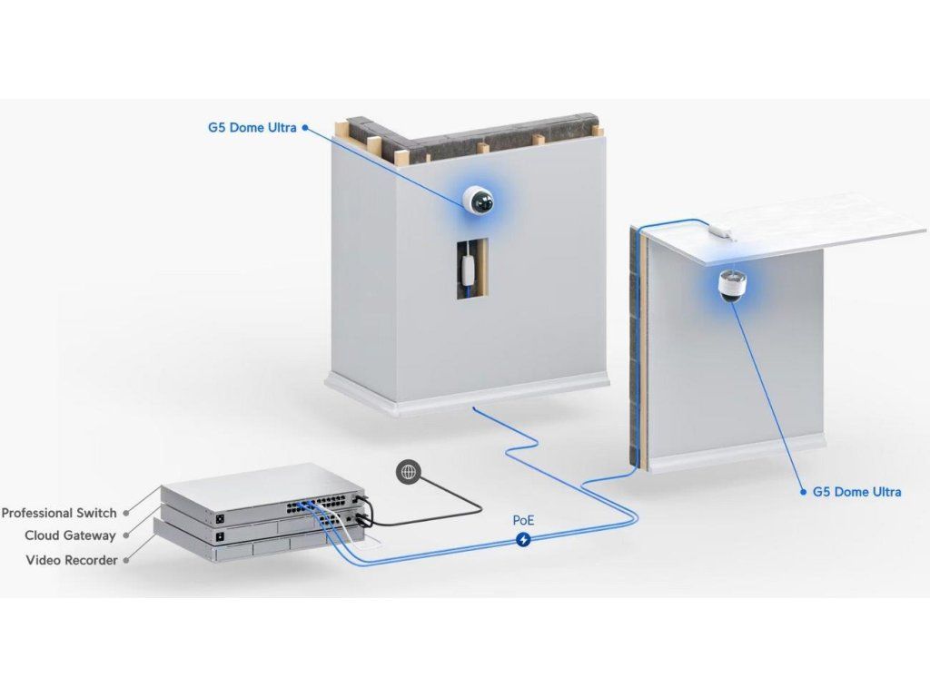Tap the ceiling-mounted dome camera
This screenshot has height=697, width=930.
click(x=731, y=285)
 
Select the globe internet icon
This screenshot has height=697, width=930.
click(x=410, y=472)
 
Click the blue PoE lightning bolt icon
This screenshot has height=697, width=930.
click(x=524, y=540)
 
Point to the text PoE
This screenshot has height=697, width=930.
click(x=524, y=522)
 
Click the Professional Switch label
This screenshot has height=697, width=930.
click(x=59, y=513)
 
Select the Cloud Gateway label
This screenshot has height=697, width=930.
click(x=70, y=535)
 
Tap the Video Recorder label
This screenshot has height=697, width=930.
click(x=72, y=560)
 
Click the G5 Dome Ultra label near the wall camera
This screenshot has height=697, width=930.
click(x=252, y=128)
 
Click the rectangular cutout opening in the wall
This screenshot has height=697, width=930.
click(x=471, y=270)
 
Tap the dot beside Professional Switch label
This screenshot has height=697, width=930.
click(x=126, y=513)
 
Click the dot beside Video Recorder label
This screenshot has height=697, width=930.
click(x=126, y=560)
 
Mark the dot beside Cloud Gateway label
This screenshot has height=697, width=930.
click(x=126, y=535)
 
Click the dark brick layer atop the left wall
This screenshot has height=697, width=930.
click(x=509, y=133)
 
